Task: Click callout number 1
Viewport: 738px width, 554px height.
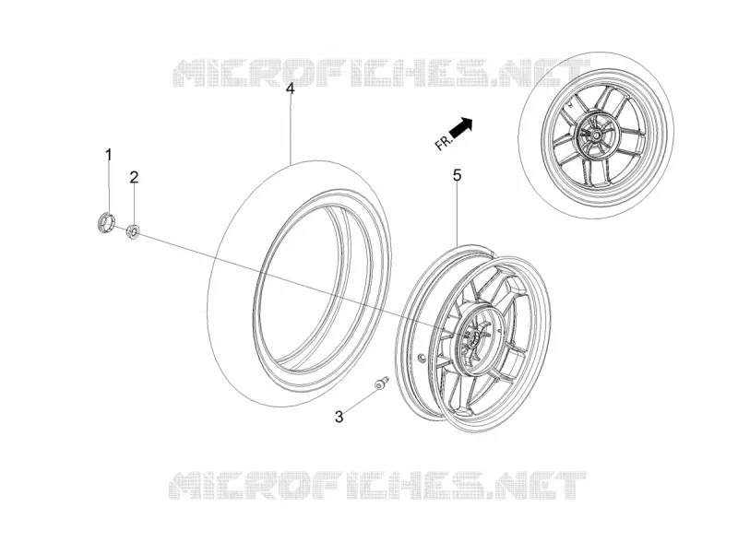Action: click(x=109, y=154)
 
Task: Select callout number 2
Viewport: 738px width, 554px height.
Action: click(x=134, y=177)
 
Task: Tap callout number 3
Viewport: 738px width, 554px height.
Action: click(x=339, y=417)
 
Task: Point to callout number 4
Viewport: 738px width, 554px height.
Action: click(x=291, y=88)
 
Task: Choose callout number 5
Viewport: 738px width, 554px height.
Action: click(x=457, y=175)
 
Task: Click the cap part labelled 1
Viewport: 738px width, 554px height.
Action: click(x=106, y=222)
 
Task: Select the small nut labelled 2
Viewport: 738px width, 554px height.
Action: click(x=133, y=231)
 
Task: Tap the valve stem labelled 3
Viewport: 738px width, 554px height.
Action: click(x=381, y=383)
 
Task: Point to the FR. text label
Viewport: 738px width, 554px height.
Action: click(x=443, y=142)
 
